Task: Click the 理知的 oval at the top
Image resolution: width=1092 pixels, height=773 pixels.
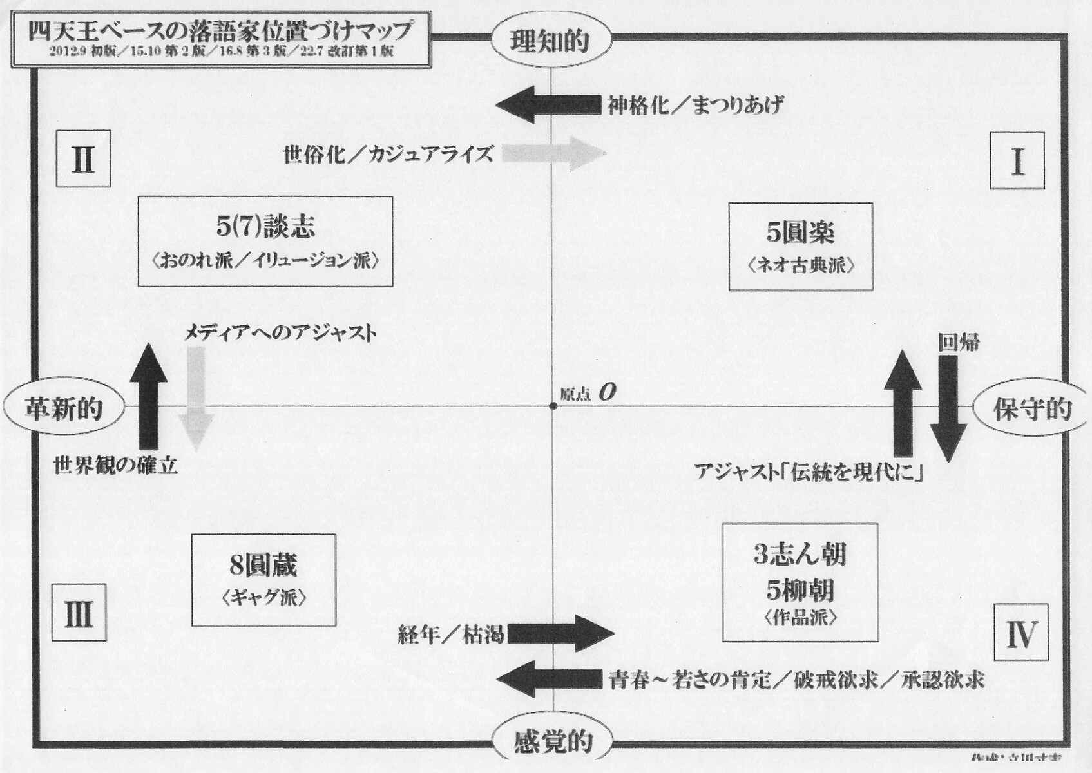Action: pos(550,41)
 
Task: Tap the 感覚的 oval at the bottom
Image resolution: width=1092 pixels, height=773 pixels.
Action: pos(553,741)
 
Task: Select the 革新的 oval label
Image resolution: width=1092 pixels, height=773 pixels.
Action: pos(64,408)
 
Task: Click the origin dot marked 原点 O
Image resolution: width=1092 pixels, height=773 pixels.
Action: pos(553,406)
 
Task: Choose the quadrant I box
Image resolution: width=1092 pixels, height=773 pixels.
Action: pos(1017,161)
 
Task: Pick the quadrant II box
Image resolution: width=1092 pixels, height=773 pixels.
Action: pos(83,159)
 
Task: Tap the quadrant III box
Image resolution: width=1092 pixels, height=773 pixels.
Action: pos(79,613)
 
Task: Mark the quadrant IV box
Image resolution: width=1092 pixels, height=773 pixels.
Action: pos(1021,633)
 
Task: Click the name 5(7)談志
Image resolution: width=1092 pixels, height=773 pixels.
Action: pos(265,226)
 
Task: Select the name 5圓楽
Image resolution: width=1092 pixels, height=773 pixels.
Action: pos(800,233)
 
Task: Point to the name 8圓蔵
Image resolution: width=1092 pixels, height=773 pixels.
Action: pos(263,566)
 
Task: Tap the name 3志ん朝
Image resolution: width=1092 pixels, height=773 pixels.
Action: pos(800,554)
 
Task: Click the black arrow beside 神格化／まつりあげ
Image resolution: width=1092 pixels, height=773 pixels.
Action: pos(548,105)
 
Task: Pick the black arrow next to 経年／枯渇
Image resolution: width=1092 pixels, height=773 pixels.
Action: pos(560,634)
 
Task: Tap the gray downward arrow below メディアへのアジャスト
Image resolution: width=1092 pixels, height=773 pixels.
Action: pos(196,397)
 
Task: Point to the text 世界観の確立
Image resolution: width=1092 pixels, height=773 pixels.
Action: pos(115,465)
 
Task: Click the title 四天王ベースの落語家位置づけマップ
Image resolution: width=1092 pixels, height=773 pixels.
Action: pos(220,31)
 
